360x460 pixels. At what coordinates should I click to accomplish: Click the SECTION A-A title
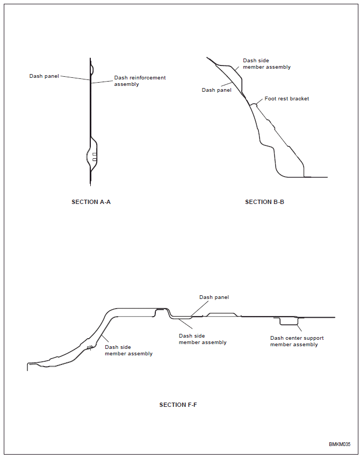(x=91, y=202)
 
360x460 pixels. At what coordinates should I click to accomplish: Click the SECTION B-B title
(x=264, y=202)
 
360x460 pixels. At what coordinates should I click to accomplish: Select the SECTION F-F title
(x=178, y=405)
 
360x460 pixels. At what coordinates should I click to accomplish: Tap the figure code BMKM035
(x=340, y=444)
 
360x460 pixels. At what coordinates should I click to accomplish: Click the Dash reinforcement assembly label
(x=140, y=81)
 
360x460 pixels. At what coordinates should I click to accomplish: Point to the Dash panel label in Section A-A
(x=44, y=76)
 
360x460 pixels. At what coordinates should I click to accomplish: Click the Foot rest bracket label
(x=286, y=99)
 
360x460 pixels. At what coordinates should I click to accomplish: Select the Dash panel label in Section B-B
(x=217, y=90)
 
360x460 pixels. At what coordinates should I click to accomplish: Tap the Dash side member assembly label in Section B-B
(x=267, y=64)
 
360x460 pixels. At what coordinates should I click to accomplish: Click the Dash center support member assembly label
(x=297, y=341)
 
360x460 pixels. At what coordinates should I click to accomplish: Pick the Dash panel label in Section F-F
(x=214, y=297)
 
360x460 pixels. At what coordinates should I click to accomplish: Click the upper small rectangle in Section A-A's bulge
(x=94, y=154)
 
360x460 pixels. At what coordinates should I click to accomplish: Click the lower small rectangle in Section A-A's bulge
(x=94, y=159)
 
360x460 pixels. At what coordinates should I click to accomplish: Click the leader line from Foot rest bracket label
(x=260, y=101)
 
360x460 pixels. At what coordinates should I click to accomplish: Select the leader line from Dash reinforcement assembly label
(x=102, y=82)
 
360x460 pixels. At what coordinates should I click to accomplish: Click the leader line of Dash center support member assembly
(x=299, y=328)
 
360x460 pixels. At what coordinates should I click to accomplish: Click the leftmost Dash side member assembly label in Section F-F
(x=128, y=351)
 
